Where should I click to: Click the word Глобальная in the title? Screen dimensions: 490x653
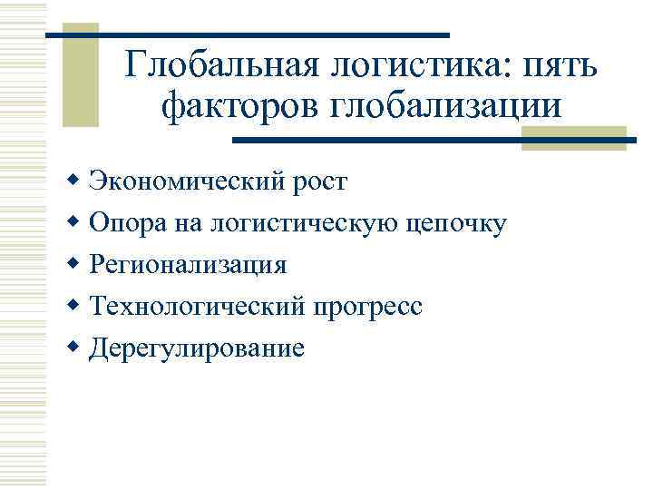(x=217, y=66)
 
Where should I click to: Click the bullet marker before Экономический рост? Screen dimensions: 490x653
(x=74, y=181)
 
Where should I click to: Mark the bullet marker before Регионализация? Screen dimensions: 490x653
(x=74, y=264)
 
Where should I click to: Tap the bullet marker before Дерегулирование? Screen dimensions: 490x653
(x=74, y=348)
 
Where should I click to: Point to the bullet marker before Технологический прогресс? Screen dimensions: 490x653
(x=74, y=306)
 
